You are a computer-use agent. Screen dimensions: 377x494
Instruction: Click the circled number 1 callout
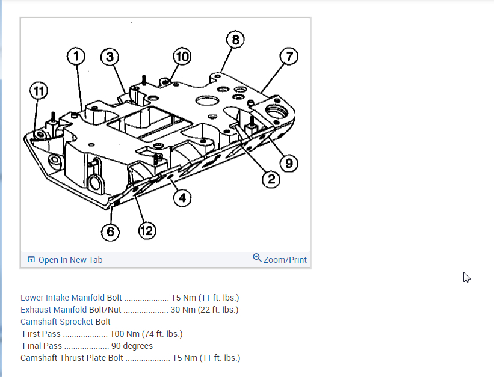click(76, 57)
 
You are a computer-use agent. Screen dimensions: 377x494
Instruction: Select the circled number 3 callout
click(109, 57)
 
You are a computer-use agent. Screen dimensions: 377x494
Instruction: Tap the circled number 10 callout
click(181, 57)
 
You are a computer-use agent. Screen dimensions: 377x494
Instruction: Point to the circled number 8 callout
click(235, 40)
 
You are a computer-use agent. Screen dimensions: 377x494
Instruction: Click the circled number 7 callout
click(289, 57)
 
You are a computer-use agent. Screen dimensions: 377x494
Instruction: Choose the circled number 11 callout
click(39, 91)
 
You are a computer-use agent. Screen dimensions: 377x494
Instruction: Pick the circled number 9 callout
click(289, 162)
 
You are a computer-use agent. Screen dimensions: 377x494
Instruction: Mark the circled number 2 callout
click(271, 178)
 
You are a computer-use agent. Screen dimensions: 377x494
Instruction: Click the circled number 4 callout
click(182, 197)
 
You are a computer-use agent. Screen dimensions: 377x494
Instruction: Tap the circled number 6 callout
click(110, 231)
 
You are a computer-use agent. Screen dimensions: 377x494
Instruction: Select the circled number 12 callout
click(147, 231)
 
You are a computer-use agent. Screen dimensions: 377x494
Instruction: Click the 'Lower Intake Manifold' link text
click(63, 298)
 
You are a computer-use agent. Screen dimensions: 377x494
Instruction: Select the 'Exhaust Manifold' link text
click(54, 310)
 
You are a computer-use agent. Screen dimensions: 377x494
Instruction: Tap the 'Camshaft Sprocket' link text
click(55, 322)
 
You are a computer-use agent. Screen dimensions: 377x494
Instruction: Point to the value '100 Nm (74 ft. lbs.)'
click(146, 334)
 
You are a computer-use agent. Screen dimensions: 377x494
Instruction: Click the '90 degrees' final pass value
click(132, 346)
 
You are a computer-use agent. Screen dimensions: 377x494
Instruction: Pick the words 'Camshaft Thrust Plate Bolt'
click(72, 358)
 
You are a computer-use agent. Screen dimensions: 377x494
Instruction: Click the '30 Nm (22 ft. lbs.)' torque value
click(205, 310)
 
